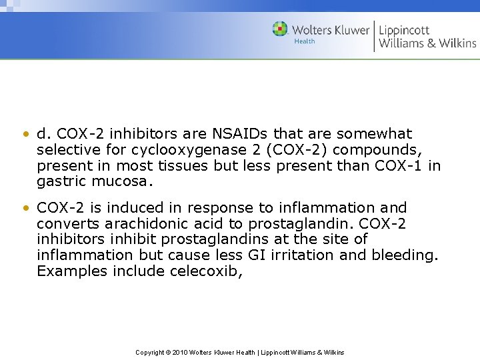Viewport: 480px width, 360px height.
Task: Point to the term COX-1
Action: click(x=395, y=165)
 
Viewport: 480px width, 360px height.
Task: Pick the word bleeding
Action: click(x=399, y=255)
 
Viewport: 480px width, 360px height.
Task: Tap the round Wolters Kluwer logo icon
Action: click(x=280, y=29)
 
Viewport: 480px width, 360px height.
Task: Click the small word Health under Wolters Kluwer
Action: click(x=304, y=41)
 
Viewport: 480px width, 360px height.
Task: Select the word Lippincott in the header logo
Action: click(x=405, y=29)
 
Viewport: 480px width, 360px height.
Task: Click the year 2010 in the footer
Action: click(x=179, y=352)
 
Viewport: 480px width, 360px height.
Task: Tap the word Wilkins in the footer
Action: click(x=333, y=352)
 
